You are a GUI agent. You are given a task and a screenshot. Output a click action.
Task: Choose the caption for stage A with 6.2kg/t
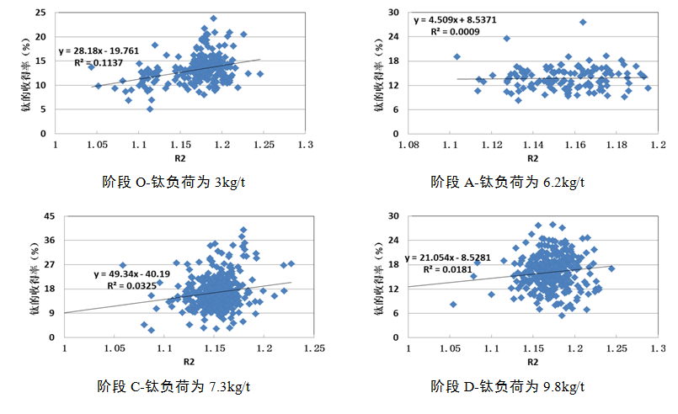click(507, 181)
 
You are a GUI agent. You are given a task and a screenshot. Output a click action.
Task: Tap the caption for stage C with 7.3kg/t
click(174, 387)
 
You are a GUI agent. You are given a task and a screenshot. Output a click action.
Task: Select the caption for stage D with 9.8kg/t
click(507, 387)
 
